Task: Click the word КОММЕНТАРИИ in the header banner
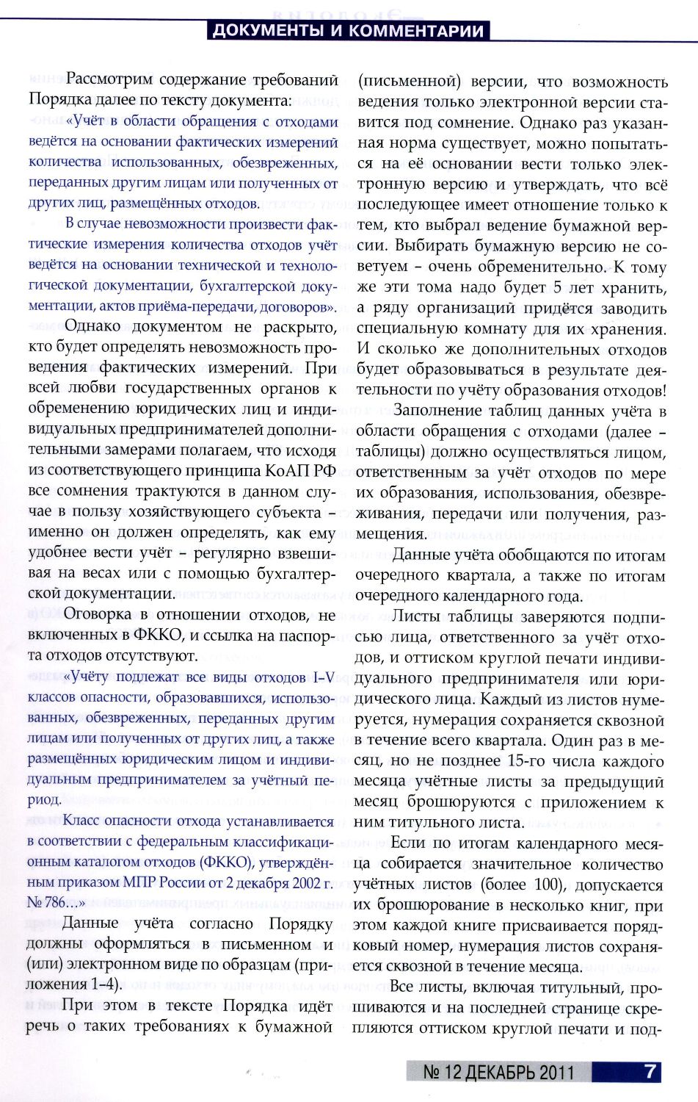pyautogui.click(x=416, y=31)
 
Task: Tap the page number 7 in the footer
pyautogui.click(x=650, y=1071)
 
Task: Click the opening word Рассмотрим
pyautogui.click(x=109, y=80)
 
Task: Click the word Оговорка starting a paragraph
pyautogui.click(x=98, y=615)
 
